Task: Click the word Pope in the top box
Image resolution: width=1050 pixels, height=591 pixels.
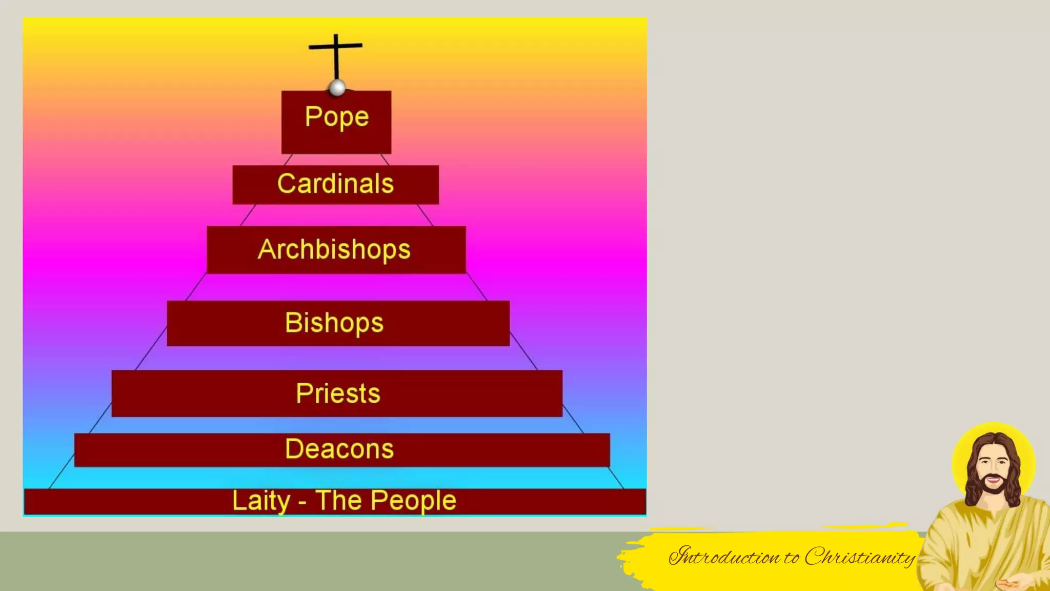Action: click(337, 117)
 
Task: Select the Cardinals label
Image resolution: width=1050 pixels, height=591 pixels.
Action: click(335, 184)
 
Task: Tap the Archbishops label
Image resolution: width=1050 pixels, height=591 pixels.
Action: click(334, 249)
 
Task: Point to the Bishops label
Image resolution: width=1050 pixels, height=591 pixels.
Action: click(334, 323)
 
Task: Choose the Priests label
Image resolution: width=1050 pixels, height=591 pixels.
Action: click(338, 393)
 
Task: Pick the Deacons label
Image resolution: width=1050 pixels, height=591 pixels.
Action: click(339, 449)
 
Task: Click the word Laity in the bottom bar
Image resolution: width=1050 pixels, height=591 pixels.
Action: click(261, 501)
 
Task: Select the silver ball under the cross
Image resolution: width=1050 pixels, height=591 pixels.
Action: click(337, 88)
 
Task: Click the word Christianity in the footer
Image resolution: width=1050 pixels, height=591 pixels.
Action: click(860, 557)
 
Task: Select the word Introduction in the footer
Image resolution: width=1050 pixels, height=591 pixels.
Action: click(724, 557)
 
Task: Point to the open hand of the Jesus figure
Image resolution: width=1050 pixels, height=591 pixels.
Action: click(1008, 583)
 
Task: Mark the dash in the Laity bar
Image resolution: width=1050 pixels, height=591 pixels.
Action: click(302, 501)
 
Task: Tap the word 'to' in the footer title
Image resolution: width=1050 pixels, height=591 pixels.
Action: click(791, 558)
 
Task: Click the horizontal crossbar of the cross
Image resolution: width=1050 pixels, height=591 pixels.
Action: click(349, 46)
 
